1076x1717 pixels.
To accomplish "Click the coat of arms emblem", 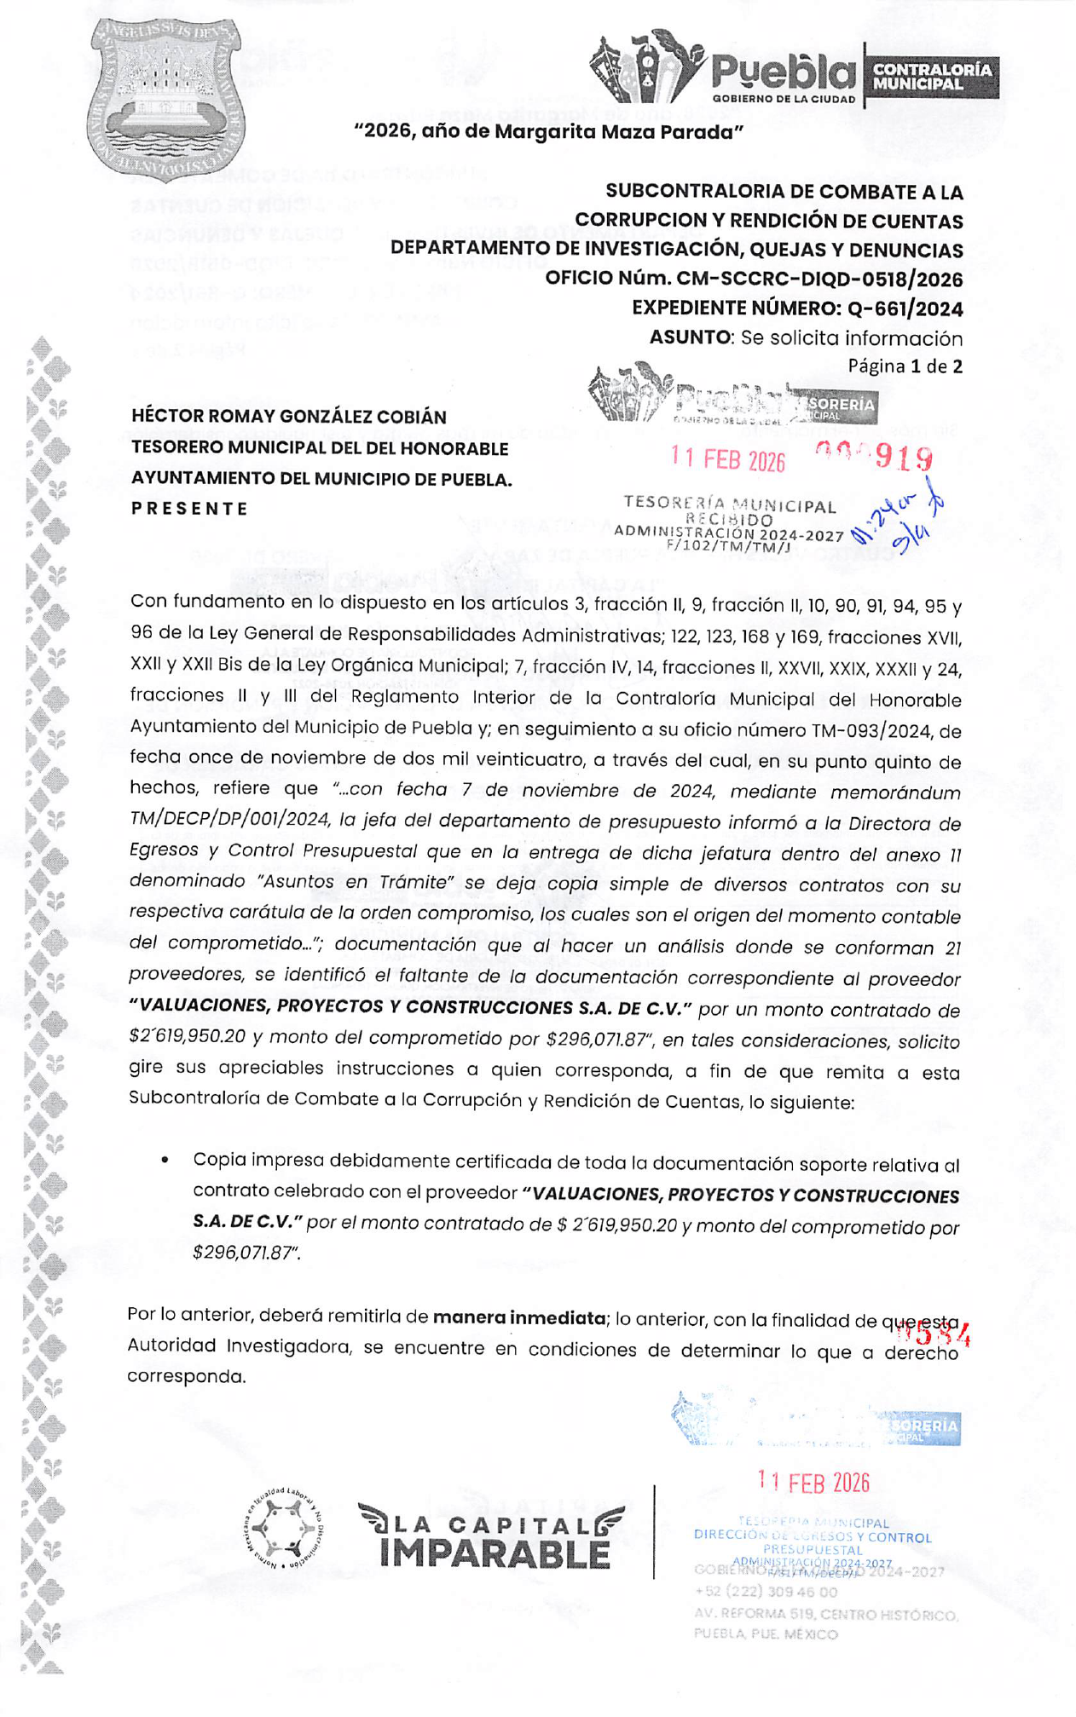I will click(x=165, y=99).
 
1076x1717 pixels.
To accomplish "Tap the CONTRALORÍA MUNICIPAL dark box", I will click(x=932, y=77).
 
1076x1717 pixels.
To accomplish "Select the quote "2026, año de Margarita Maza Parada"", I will click(x=549, y=132).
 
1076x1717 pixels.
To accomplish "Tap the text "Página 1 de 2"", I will click(x=905, y=366).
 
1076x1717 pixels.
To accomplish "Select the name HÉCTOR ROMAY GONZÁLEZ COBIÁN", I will click(x=289, y=417).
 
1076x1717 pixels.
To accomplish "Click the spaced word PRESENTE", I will click(x=189, y=509).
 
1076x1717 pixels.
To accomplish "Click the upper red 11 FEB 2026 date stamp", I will click(x=727, y=459).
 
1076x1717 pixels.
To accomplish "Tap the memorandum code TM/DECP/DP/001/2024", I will click(x=229, y=820).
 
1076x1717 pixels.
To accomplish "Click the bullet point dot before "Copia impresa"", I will click(x=165, y=1160).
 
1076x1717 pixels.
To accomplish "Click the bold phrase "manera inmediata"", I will click(x=518, y=1317).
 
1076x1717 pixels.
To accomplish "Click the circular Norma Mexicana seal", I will click(x=283, y=1530).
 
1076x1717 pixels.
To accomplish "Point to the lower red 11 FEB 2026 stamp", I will click(x=813, y=1483).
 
